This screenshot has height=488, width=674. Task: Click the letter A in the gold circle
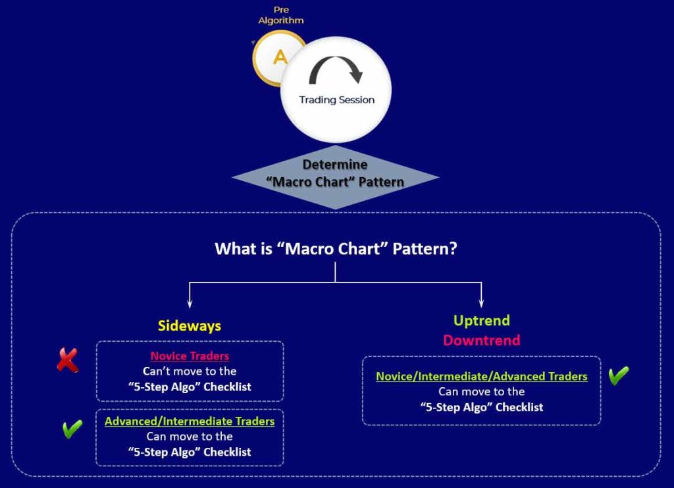[x=280, y=57]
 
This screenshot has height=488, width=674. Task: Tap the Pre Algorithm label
[x=281, y=15]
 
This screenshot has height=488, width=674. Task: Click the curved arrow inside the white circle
[x=336, y=68]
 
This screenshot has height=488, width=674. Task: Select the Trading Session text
[x=336, y=99]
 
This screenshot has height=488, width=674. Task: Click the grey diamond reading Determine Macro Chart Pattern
[x=335, y=177]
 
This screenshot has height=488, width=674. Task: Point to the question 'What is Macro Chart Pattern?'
[x=336, y=248]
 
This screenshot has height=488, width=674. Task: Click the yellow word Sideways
[x=190, y=326]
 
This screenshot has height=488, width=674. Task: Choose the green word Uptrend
[x=481, y=321]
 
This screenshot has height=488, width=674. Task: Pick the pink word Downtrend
[x=481, y=340]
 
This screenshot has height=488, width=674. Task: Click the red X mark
[x=68, y=360]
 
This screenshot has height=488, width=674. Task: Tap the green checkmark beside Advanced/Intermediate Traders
[x=72, y=429]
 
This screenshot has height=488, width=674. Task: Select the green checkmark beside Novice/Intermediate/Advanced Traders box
[x=619, y=375]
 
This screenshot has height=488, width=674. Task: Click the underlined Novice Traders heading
[x=190, y=356]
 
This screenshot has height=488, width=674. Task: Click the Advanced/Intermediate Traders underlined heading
[x=190, y=421]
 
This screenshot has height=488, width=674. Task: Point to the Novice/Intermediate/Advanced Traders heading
[x=481, y=376]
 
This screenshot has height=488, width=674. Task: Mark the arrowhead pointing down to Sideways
[x=190, y=304]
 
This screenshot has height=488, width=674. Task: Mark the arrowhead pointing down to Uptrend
[x=481, y=304]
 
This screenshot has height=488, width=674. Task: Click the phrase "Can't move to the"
[x=190, y=371]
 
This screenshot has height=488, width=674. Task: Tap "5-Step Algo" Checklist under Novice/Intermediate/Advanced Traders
[x=481, y=407]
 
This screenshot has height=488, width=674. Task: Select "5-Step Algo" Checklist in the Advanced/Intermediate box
[x=190, y=452]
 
